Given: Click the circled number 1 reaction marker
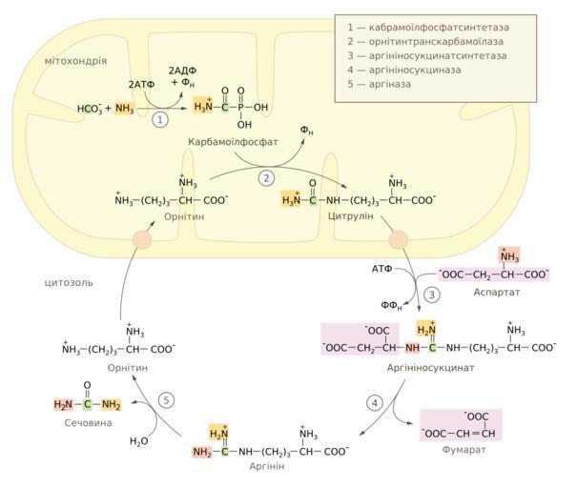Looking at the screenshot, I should click(161, 120).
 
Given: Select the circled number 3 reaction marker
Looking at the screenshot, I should click(431, 295).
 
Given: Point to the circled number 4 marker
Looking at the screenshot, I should click(376, 403).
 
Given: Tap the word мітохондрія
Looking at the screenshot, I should click(75, 61).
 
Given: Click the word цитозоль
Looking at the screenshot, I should click(68, 282).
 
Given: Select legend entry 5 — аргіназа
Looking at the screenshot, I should click(388, 85).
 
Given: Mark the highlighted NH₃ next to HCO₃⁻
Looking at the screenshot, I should click(125, 109).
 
